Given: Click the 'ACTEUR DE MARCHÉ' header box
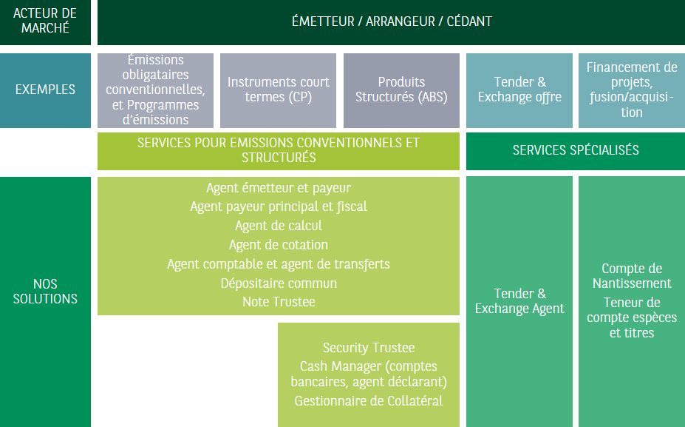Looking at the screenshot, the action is tap(45, 22).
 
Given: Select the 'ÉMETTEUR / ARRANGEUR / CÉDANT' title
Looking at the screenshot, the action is tap(392, 21).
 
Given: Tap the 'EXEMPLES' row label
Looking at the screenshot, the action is tap(45, 90).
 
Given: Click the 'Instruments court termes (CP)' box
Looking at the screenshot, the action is tap(279, 90).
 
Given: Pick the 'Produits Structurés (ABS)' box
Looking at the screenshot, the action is tap(401, 90).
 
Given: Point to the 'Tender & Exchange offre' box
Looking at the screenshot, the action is tap(519, 90).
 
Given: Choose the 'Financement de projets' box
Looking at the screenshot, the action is tap(632, 90).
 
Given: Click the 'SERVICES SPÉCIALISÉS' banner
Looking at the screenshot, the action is tap(576, 151).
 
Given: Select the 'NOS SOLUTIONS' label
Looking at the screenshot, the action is tap(45, 291).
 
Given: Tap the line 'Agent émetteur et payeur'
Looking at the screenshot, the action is tap(279, 188).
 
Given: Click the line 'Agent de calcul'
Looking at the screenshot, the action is tap(279, 225).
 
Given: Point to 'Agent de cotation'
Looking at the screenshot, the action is tap(279, 244).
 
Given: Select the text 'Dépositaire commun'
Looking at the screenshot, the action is tap(279, 283).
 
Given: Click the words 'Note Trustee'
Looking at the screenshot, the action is tap(279, 302).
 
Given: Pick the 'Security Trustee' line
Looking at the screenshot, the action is tap(369, 347).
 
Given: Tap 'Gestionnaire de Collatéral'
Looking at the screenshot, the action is tap(369, 401).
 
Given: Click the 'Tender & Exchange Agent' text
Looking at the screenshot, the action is tap(519, 301).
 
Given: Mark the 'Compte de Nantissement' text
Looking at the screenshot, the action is tap(632, 275).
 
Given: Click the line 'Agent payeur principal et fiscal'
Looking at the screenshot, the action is tap(279, 206).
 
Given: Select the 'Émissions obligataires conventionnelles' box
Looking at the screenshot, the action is tap(155, 90).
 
